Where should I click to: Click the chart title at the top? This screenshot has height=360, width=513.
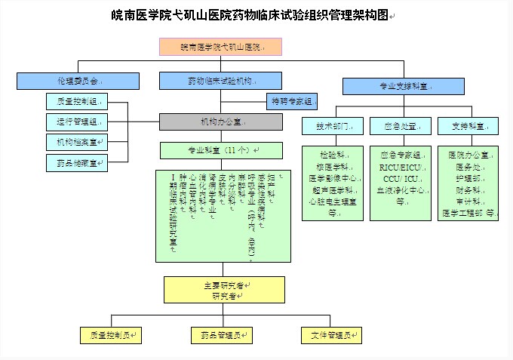(250, 14)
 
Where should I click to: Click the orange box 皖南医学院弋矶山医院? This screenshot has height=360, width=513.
(220, 47)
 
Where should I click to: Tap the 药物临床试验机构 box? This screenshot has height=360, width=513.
(220, 81)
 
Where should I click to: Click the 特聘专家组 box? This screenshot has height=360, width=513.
(292, 100)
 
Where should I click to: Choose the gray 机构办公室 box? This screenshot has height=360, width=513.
(220, 122)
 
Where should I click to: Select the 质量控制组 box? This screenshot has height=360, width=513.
(76, 100)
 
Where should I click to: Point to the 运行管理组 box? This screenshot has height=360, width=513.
(76, 121)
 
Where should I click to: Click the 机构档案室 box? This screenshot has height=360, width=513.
(76, 141)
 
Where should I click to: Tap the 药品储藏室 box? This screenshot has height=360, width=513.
(76, 162)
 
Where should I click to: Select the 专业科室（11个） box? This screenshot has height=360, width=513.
(221, 150)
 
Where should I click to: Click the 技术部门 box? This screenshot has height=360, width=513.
(333, 126)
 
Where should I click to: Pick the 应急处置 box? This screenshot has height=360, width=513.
(401, 126)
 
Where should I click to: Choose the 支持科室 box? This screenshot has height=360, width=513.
(467, 126)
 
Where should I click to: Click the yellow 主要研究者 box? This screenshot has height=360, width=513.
(225, 290)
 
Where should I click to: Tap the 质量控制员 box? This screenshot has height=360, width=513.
(110, 334)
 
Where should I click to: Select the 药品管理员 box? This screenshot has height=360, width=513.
(221, 334)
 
